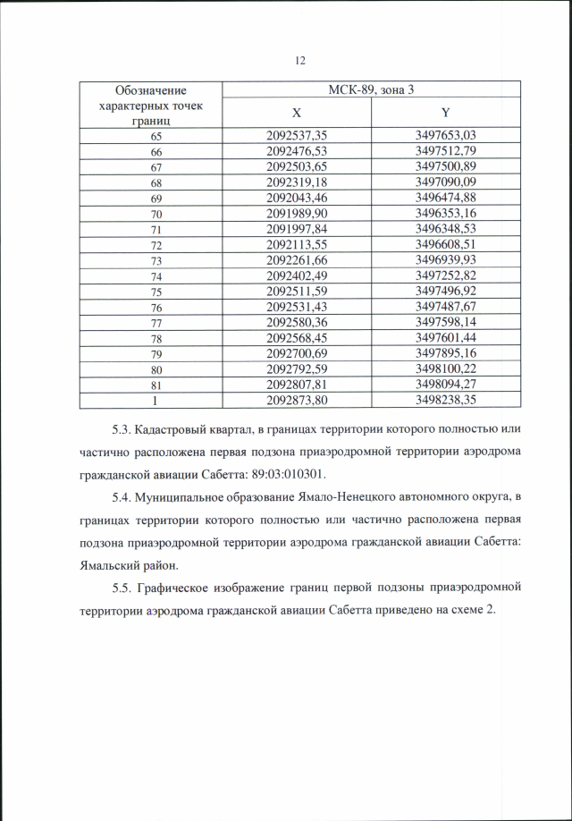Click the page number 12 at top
click(x=299, y=60)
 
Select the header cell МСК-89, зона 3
click(x=370, y=90)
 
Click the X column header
click(x=297, y=114)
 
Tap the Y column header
click(x=444, y=114)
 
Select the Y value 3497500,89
click(x=445, y=166)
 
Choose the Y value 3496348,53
click(x=445, y=228)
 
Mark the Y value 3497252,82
click(x=445, y=275)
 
